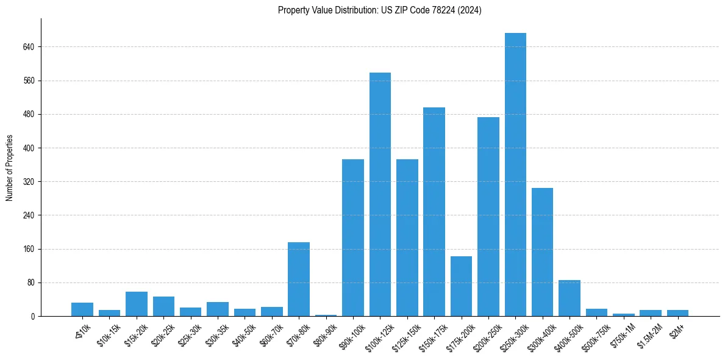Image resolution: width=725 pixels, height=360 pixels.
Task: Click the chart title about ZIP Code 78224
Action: click(x=379, y=10)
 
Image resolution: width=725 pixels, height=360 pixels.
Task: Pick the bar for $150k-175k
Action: click(x=434, y=212)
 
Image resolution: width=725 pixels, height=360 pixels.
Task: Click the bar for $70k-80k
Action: click(x=299, y=279)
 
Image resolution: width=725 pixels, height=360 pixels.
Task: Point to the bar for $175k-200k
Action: click(x=461, y=286)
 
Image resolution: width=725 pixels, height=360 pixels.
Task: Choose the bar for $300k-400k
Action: click(x=542, y=252)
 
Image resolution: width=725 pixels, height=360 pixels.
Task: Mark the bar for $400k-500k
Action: click(x=570, y=298)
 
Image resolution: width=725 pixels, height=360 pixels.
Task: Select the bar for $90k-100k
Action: click(x=353, y=237)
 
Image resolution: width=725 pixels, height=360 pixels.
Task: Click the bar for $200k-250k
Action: click(x=488, y=217)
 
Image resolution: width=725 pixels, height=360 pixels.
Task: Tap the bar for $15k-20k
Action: click(x=137, y=304)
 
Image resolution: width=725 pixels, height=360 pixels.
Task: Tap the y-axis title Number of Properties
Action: click(x=9, y=168)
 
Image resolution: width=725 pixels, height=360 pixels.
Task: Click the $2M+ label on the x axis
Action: click(x=677, y=329)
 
